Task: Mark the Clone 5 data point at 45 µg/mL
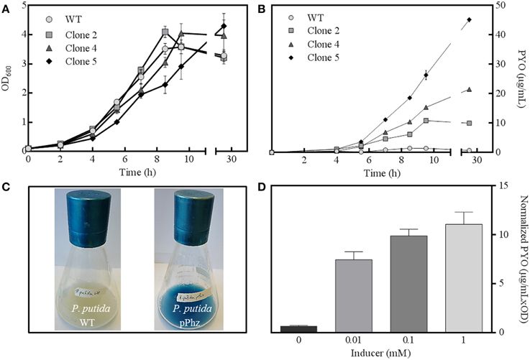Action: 469,20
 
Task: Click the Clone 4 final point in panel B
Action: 469,90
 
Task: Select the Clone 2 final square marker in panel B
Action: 469,123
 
